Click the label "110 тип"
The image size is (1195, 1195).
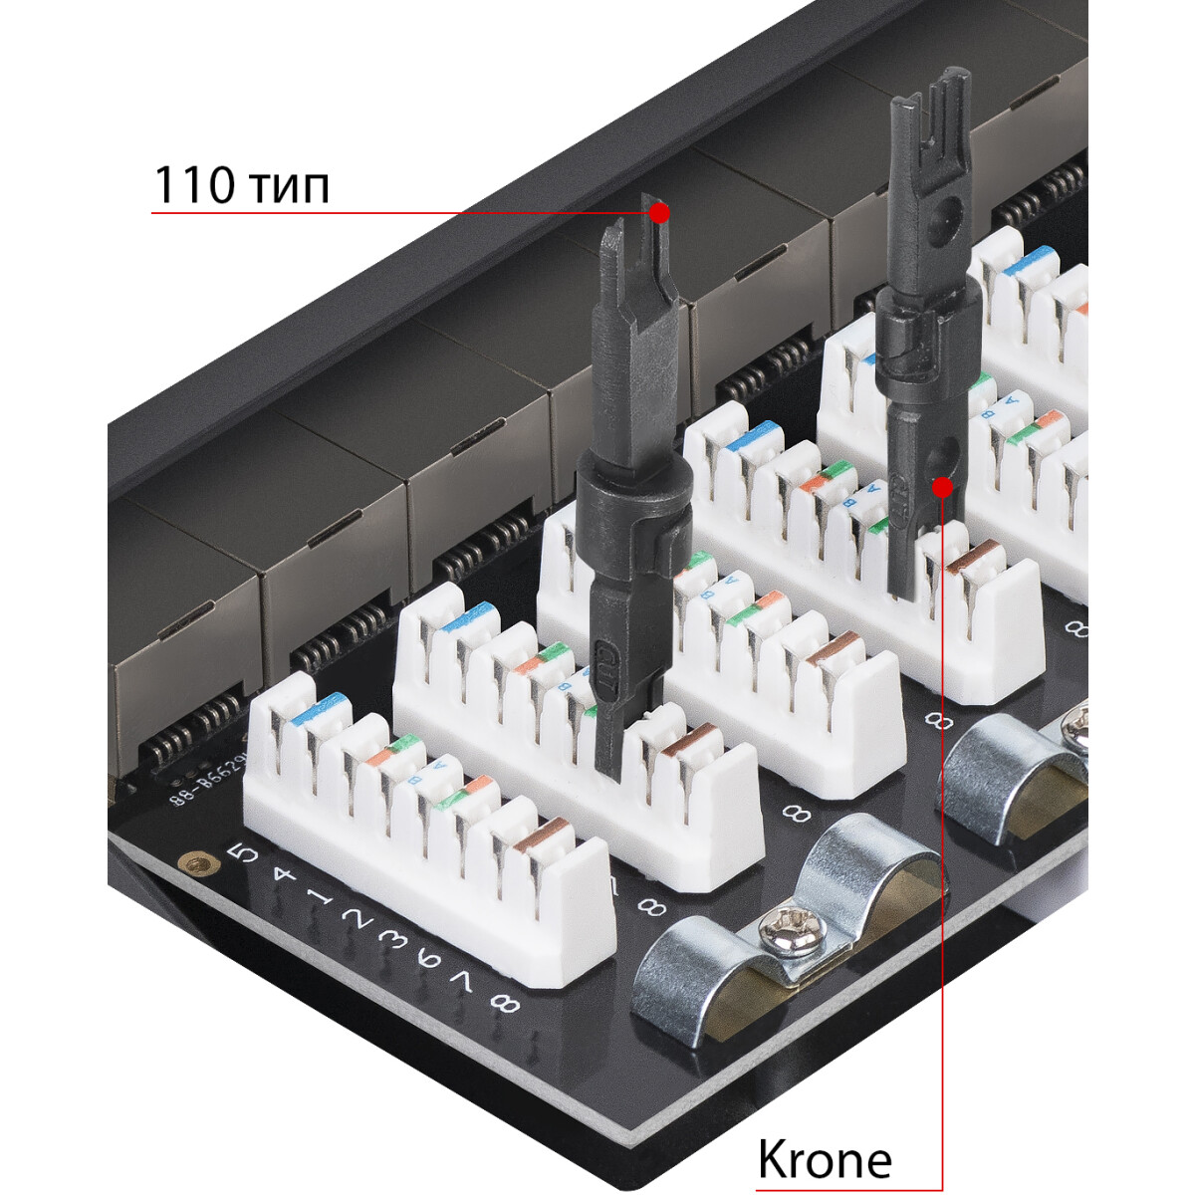pos(241,185)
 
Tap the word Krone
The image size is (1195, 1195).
pos(825,1159)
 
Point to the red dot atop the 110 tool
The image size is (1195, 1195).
pos(659,212)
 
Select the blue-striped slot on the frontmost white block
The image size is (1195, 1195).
pos(321,708)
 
